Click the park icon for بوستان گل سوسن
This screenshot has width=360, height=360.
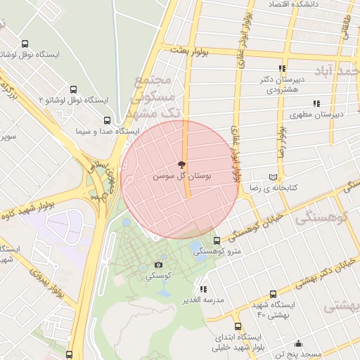(182, 165)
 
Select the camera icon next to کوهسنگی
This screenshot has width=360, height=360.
(158, 265)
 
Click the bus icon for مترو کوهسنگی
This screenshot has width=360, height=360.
(216, 239)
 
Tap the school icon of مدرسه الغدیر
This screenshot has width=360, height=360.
(203, 288)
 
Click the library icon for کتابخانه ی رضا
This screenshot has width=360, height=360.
(273, 177)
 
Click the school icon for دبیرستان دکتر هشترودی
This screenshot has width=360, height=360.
(281, 68)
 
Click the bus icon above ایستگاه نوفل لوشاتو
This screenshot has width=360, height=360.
(25, 44)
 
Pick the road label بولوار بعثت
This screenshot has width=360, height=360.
(188, 50)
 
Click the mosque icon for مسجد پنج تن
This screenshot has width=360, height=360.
(298, 344)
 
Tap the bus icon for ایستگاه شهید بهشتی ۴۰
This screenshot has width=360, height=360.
(271, 295)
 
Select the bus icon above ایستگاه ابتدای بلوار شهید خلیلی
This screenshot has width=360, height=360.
(238, 327)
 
